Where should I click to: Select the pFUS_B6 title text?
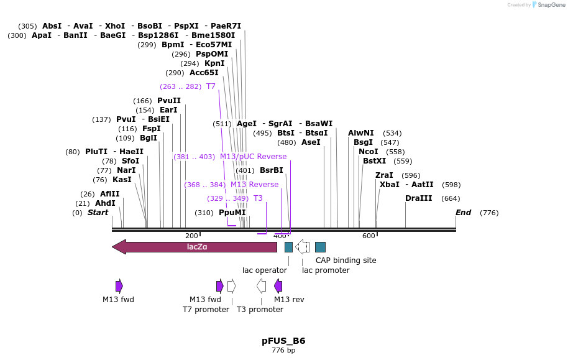pos(283,341)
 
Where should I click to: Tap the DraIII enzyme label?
pos(419,198)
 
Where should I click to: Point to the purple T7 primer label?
pos(211,86)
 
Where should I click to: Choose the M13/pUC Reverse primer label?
pos(253,157)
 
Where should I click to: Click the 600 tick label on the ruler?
pos(369,236)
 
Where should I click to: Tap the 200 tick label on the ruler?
pos(191,236)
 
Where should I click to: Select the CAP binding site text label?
pos(346,261)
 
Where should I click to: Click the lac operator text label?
pos(265,270)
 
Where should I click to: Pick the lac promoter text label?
pos(326,270)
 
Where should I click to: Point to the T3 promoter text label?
pos(260,310)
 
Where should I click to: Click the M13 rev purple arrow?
pos(278,286)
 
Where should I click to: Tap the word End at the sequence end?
pos(463,213)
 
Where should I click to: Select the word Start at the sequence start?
pos(98,213)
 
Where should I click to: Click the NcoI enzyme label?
pos(369,152)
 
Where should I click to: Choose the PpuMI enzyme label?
pos(232,213)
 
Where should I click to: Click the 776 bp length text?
pos(283,351)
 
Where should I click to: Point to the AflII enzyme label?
pos(109,194)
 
